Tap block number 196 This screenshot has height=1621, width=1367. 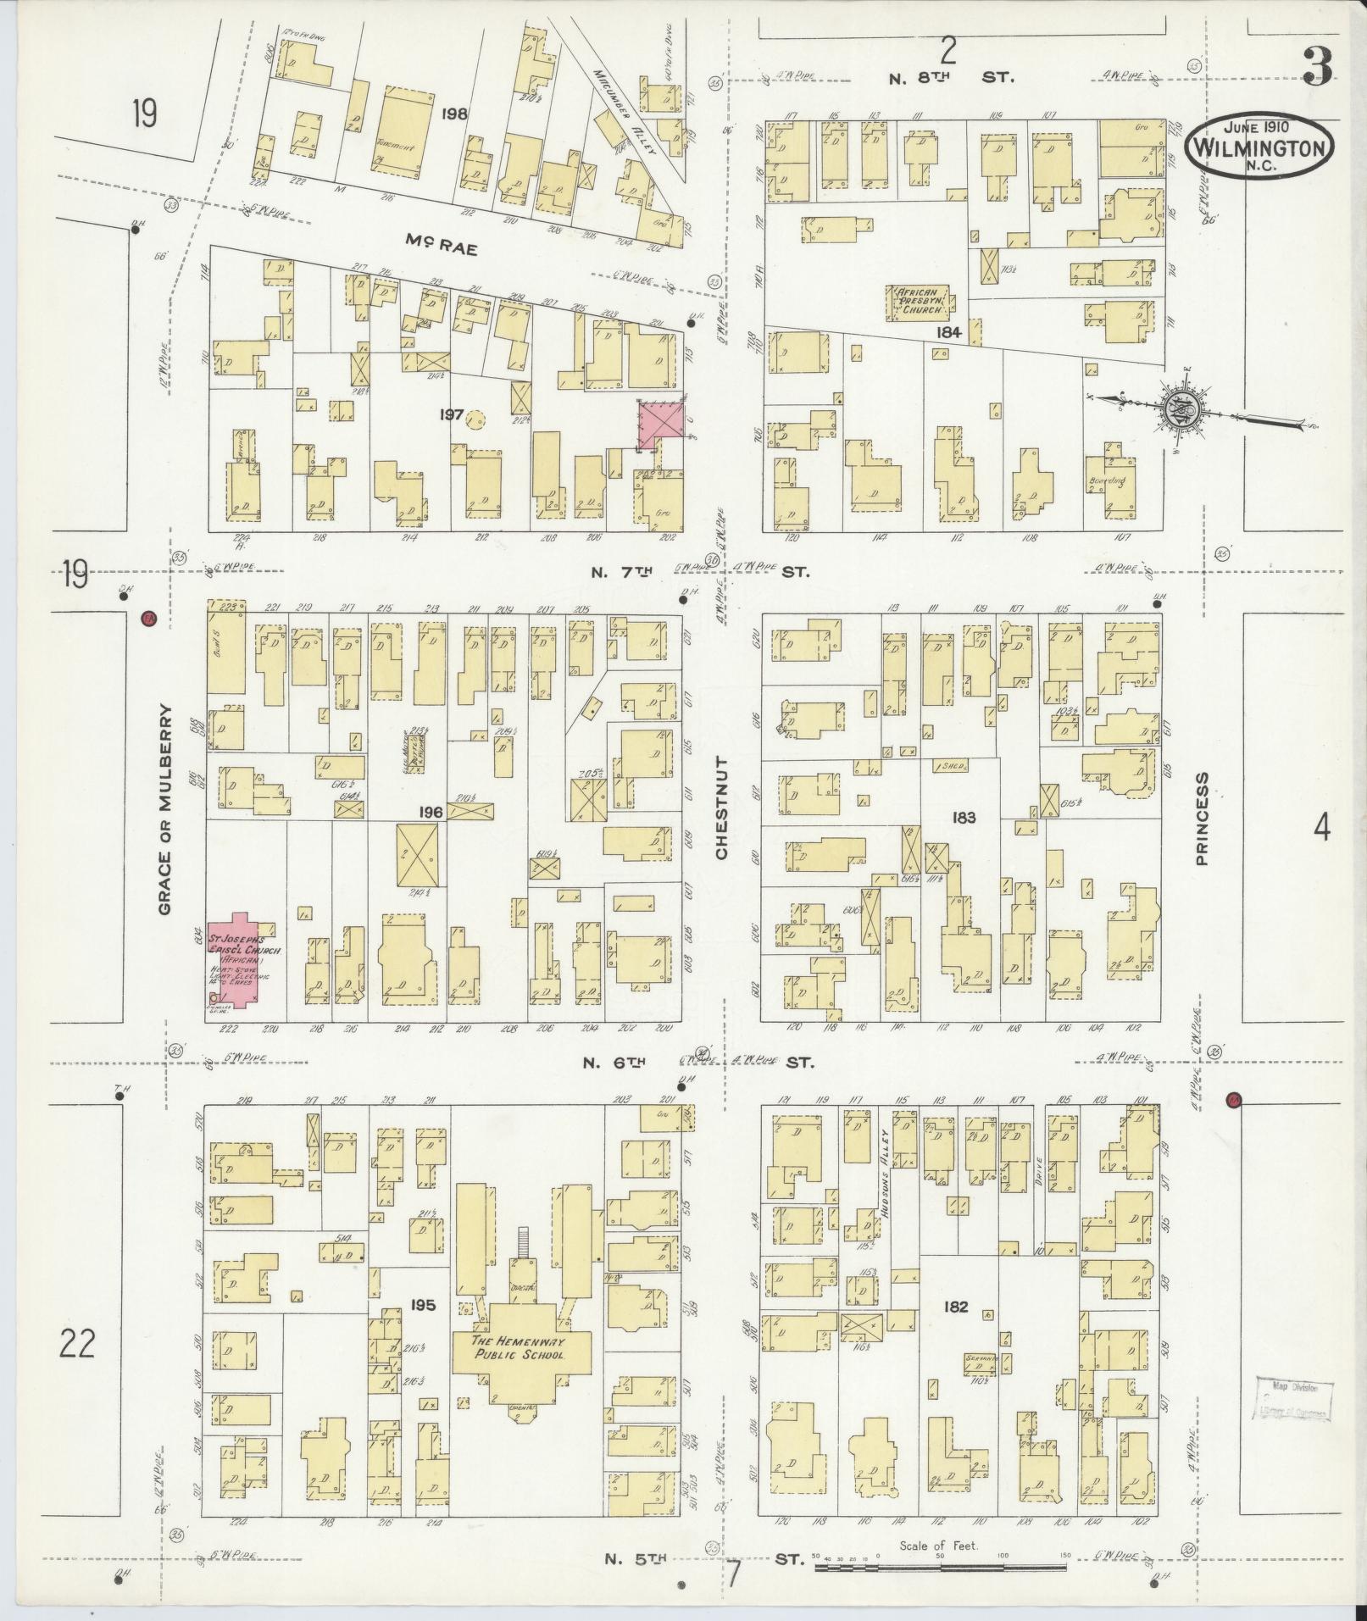[431, 812]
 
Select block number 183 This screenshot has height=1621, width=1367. [964, 817]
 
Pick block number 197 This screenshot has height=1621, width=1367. [451, 414]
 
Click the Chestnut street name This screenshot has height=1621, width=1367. [722, 808]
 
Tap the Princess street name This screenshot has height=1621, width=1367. [1202, 818]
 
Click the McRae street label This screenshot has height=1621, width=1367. [441, 249]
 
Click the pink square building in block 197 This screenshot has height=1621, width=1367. [661, 425]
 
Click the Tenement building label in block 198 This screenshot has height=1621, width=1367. [396, 147]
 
